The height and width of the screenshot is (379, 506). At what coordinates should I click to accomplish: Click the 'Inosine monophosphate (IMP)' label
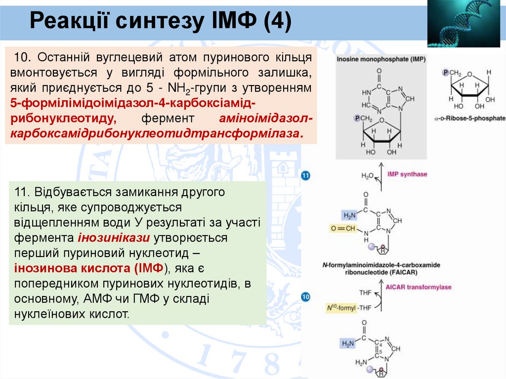coord(375,58)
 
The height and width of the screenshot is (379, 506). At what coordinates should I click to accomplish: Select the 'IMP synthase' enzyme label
coord(408,174)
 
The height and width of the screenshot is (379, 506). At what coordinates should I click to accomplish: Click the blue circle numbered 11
coord(305,175)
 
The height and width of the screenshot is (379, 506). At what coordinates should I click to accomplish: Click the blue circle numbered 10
coord(305,297)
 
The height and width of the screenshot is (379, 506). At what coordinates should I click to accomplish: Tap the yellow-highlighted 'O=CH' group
coord(342,228)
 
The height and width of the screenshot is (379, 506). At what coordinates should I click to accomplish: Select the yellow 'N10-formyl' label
coord(341,308)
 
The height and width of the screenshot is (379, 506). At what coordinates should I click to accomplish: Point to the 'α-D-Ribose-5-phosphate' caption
coord(470,119)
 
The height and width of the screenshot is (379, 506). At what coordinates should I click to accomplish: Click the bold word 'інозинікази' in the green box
coord(114,238)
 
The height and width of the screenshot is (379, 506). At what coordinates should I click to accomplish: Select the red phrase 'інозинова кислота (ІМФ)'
coord(92,269)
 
